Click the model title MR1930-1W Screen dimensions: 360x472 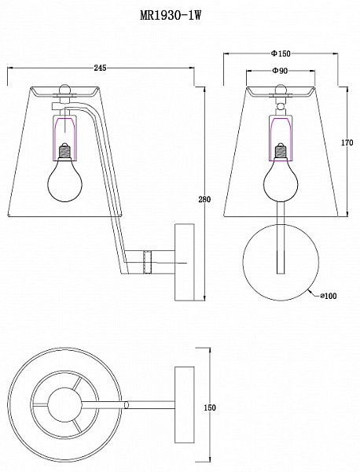point(171,14)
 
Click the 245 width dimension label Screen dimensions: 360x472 point(100,68)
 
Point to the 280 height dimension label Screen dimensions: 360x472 point(204,199)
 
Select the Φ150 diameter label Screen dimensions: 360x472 point(281,53)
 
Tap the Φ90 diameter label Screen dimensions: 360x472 point(281,71)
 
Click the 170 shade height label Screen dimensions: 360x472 point(347,142)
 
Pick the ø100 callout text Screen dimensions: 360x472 point(328,296)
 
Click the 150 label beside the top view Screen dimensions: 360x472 point(210,407)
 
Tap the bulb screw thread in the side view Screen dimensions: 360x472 point(64,150)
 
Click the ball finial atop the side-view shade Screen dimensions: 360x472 point(64,89)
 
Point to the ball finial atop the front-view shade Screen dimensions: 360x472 point(281,89)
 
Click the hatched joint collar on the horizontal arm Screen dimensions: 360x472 point(147,262)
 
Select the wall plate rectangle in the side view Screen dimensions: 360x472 point(185,262)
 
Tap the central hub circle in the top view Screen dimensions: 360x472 point(64,404)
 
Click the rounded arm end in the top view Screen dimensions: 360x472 point(127,404)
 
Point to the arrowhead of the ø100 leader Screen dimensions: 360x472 point(310,291)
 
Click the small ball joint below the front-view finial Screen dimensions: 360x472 point(281,106)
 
